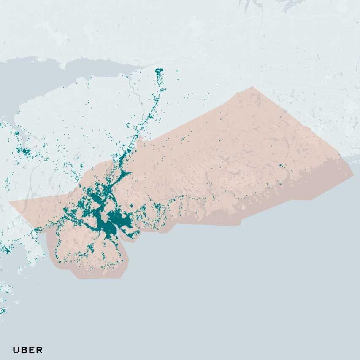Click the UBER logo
click(27, 350)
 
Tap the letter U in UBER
click(16, 350)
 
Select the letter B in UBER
click(24, 350)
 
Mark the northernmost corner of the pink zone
click(252, 87)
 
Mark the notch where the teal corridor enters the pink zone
click(141, 139)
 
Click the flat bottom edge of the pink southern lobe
click(99, 278)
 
